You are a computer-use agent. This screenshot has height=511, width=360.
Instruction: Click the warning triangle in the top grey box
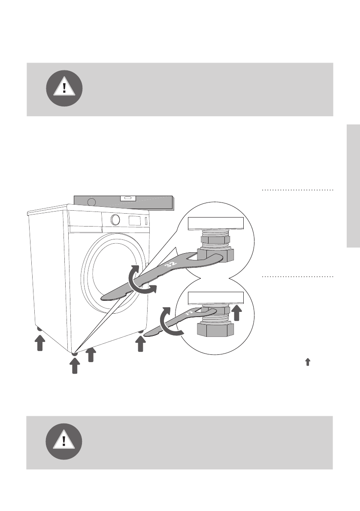tap(64, 88)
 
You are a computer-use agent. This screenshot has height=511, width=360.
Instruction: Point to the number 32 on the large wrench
tap(168, 266)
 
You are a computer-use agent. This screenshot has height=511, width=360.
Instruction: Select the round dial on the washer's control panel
tap(115, 219)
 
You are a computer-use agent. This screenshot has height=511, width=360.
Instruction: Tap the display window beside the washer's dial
tap(135, 220)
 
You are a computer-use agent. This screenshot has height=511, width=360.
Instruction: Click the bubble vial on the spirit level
tap(128, 198)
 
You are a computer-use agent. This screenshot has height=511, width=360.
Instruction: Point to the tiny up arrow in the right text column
tap(307, 363)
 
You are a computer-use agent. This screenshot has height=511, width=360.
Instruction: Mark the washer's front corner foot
tap(75, 353)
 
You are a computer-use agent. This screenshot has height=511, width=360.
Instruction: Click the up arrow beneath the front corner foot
tap(75, 366)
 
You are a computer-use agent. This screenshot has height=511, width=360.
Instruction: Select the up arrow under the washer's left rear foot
tap(39, 343)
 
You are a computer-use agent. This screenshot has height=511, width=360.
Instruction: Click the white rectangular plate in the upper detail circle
tap(216, 223)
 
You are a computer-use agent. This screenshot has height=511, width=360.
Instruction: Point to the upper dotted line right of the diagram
tap(297, 189)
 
